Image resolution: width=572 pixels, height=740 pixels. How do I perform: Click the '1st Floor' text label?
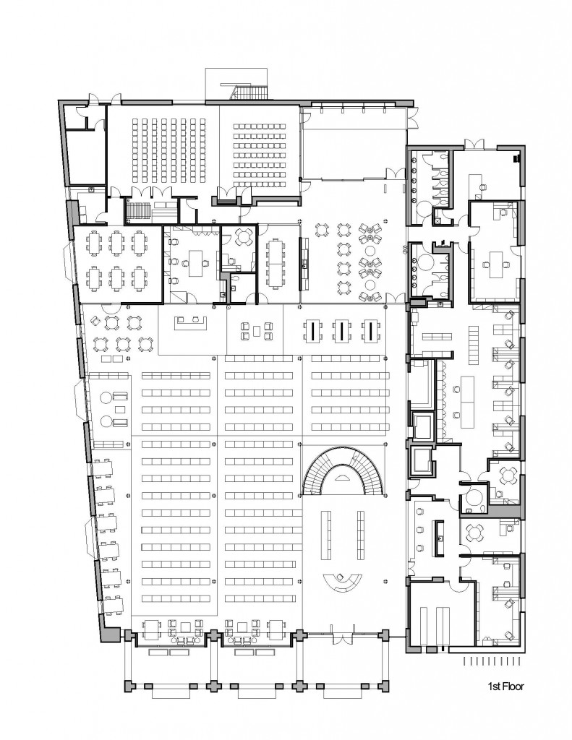point(505,687)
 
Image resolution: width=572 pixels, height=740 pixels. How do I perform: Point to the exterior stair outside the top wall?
point(249,92)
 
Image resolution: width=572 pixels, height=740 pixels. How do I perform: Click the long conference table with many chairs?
point(274,262)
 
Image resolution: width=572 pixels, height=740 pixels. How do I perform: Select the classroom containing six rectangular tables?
point(118,264)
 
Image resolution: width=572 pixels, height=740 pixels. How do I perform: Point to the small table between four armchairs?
point(256,330)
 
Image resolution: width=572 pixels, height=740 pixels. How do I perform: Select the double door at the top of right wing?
point(474,144)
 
